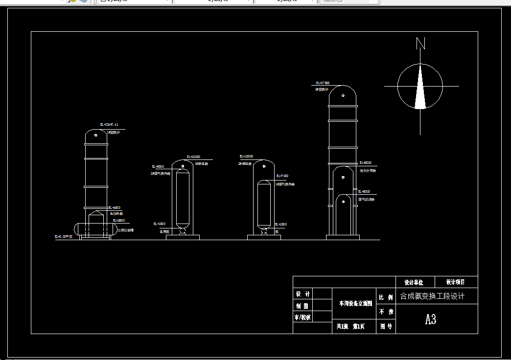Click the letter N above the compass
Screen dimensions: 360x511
click(x=420, y=43)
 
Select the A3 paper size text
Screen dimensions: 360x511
click(x=431, y=319)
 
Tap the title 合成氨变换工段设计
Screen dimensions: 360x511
click(x=432, y=296)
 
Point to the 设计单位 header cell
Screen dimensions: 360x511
click(x=413, y=282)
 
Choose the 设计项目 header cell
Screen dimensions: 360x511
click(x=455, y=282)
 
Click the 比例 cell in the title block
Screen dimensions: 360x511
click(x=386, y=297)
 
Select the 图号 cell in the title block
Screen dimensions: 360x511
click(x=386, y=326)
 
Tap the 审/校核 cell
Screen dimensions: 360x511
click(x=302, y=317)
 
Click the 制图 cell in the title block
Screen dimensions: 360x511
click(x=302, y=306)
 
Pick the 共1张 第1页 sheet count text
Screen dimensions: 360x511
click(x=350, y=326)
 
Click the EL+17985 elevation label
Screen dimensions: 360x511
click(x=323, y=83)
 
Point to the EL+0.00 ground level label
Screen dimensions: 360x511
click(x=64, y=237)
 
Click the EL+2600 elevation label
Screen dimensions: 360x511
click(x=119, y=221)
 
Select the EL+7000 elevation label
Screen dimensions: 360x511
click(x=282, y=176)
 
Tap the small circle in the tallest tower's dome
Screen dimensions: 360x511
click(x=343, y=95)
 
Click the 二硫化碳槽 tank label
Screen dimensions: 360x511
click(x=126, y=230)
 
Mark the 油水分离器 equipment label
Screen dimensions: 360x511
click(x=368, y=171)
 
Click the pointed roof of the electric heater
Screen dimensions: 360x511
click(x=96, y=213)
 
